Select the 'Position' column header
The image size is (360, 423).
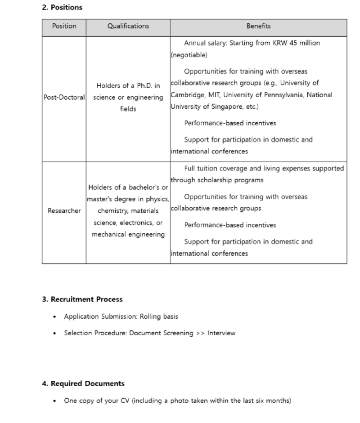64,26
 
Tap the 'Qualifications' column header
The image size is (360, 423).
128,26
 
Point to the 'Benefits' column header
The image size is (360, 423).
258,26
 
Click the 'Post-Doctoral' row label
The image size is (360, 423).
64,98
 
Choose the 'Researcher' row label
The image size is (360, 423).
64,210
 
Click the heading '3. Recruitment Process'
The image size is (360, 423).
82,299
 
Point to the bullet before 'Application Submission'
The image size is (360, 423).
55,316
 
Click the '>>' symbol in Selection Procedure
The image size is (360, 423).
200,333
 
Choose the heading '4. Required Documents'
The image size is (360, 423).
83,383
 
